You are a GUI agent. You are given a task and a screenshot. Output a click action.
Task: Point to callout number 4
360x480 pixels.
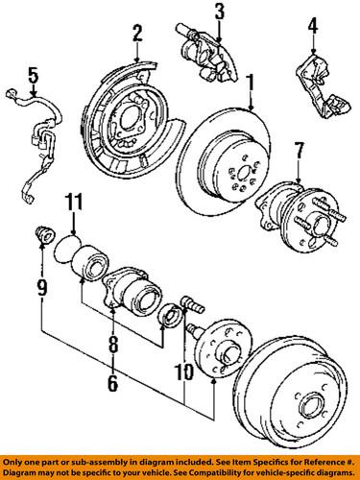tap(311, 41)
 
